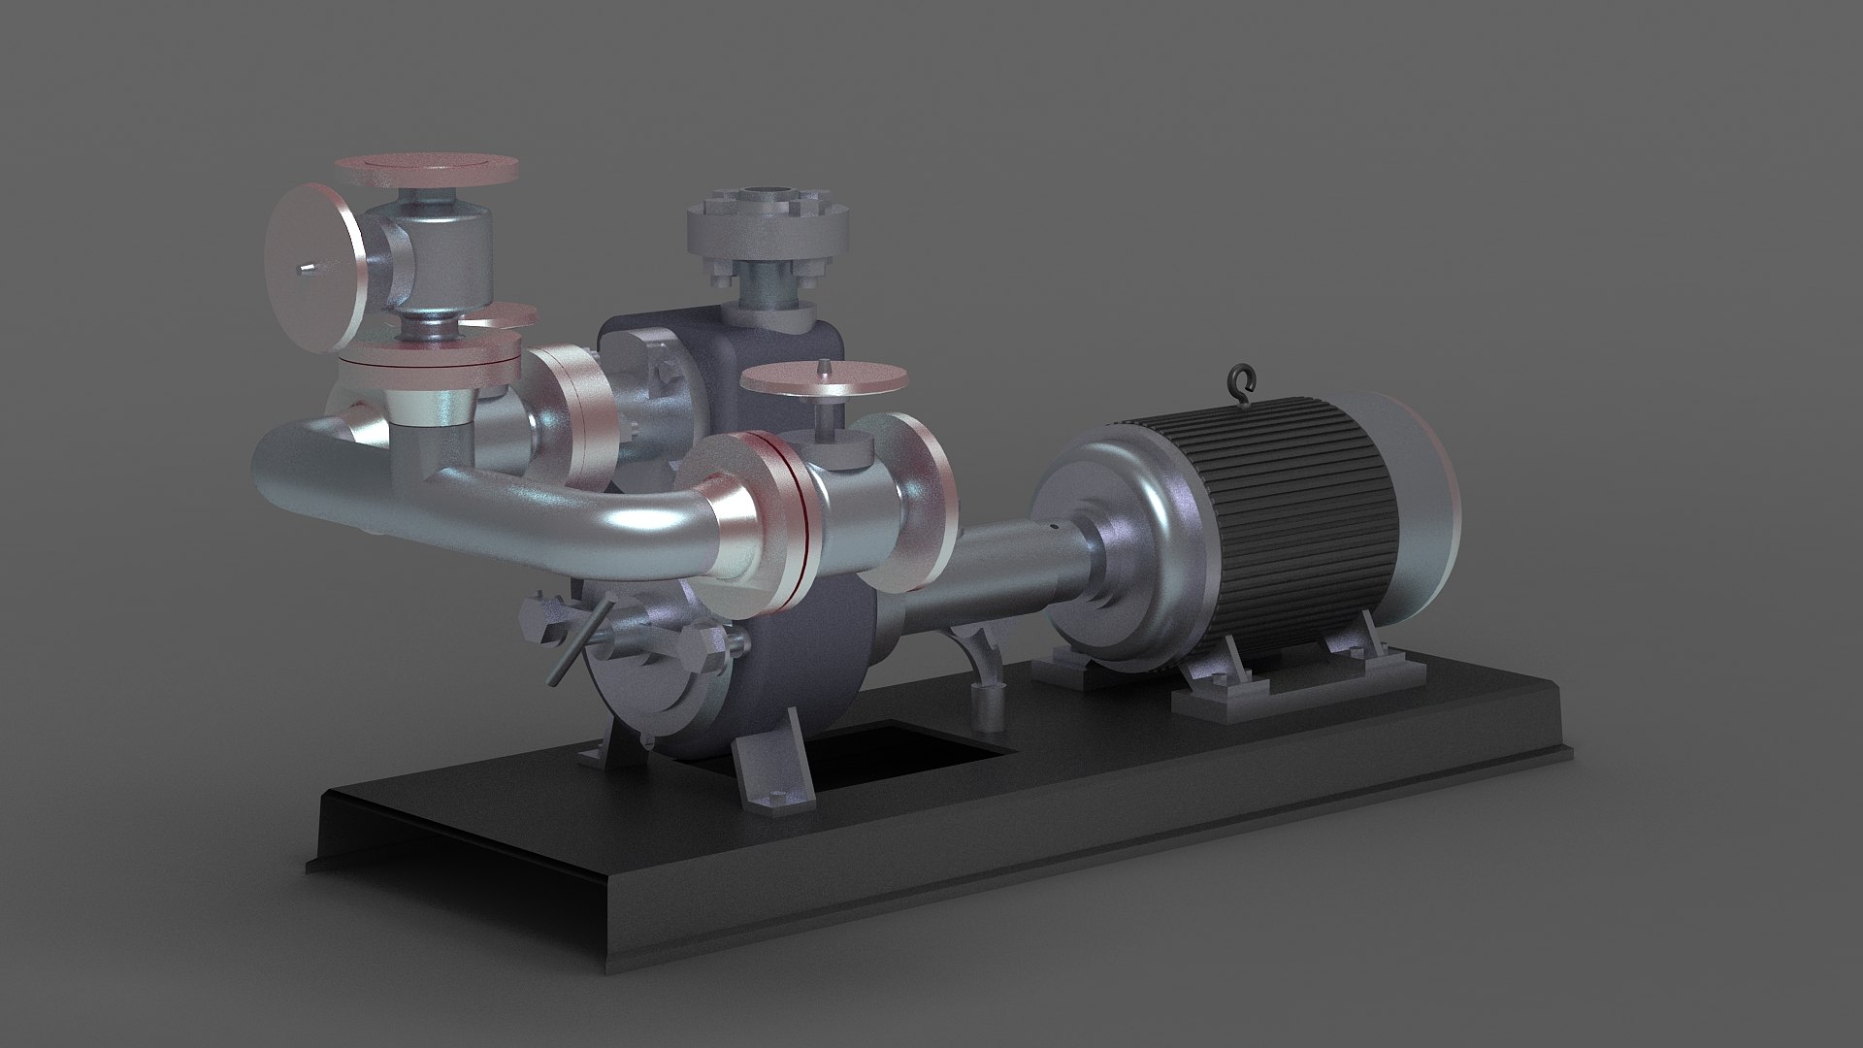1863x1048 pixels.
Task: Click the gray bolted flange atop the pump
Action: point(767,228)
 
